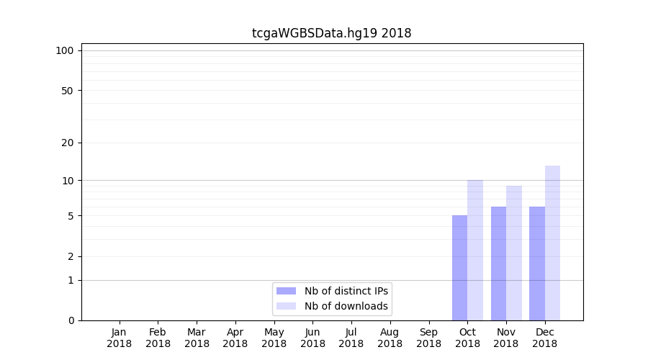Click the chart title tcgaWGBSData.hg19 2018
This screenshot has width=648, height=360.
point(331,33)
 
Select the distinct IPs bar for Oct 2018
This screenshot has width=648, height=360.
point(459,268)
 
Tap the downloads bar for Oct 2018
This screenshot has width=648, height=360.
point(475,250)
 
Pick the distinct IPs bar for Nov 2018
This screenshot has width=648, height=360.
point(498,264)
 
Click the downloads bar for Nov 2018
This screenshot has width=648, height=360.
point(514,253)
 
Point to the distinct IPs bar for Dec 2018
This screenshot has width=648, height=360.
point(537,264)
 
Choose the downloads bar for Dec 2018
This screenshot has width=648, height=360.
point(552,243)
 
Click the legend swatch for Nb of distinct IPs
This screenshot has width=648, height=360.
point(286,291)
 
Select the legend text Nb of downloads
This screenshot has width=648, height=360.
point(346,306)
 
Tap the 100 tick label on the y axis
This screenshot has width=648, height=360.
point(65,50)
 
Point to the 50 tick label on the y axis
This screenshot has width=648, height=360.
point(67,91)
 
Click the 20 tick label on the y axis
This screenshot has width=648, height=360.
point(67,143)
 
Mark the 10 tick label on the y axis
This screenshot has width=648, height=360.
point(67,180)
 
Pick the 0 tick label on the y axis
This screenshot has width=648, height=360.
point(71,320)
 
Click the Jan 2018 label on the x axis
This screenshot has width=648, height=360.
point(120,338)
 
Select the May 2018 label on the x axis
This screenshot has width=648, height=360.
point(274,338)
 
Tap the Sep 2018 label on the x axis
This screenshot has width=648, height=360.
point(428,338)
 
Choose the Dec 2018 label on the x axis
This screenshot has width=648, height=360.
point(544,338)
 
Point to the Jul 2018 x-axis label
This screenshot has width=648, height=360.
point(351,338)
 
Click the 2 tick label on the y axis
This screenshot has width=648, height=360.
point(71,256)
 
